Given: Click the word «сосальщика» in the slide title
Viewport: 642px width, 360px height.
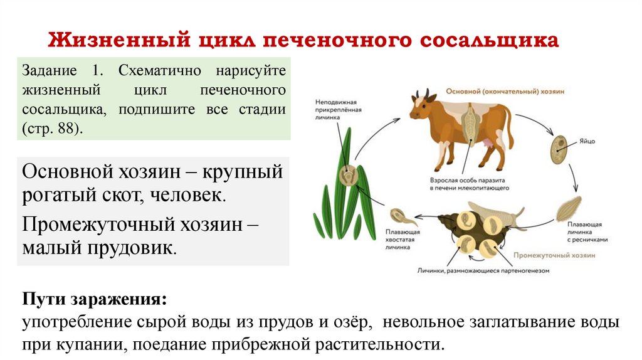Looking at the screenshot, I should [x=489, y=41].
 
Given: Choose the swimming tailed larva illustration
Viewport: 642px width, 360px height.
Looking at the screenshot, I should [x=399, y=217].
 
